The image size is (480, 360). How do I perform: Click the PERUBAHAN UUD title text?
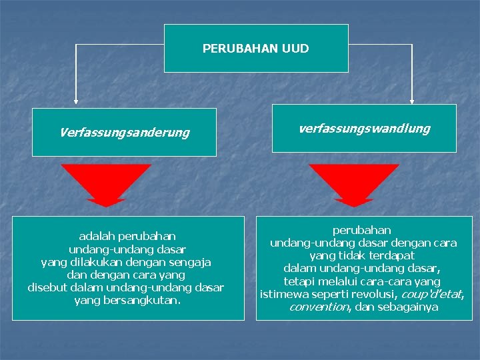[x=256, y=49]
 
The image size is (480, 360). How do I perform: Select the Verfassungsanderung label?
[x=125, y=133]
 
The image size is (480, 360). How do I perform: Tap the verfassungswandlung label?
[x=364, y=128]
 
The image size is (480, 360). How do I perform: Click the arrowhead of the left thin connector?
[x=75, y=101]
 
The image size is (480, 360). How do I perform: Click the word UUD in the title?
[x=296, y=49]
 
